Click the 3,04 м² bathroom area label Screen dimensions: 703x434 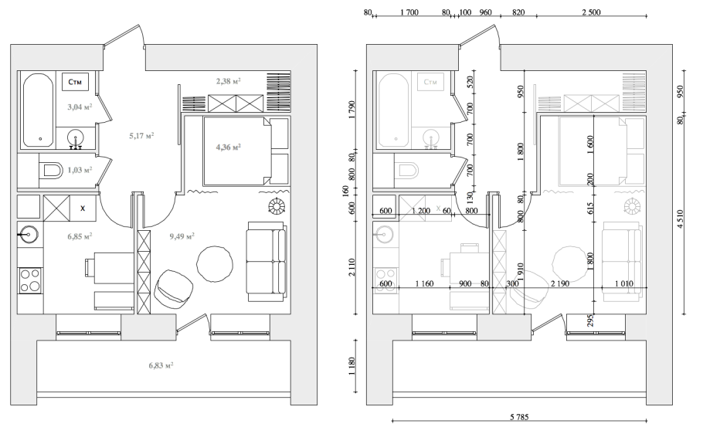click(80, 107)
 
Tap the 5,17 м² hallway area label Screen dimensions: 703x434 click(141, 135)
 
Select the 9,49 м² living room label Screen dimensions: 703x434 click(182, 236)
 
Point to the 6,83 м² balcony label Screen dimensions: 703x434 click(161, 365)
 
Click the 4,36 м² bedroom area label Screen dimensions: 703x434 click(229, 147)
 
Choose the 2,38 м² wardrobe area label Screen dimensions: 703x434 click(229, 81)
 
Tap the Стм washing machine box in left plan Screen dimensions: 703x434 click(76, 82)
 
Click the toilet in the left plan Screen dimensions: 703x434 click(51, 171)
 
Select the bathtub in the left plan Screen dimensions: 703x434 click(38, 110)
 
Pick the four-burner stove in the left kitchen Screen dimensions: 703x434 click(30, 280)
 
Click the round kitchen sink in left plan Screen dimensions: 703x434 click(29, 233)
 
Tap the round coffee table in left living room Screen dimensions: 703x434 click(215, 264)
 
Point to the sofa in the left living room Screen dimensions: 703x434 click(267, 261)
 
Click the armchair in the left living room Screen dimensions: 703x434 click(174, 288)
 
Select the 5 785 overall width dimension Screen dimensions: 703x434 click(519, 417)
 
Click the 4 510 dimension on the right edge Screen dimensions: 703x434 click(681, 219)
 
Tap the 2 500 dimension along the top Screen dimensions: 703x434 click(591, 12)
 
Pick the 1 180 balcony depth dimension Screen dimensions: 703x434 click(351, 368)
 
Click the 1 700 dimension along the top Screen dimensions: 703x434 click(409, 12)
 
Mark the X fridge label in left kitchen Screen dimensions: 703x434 click(83, 209)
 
